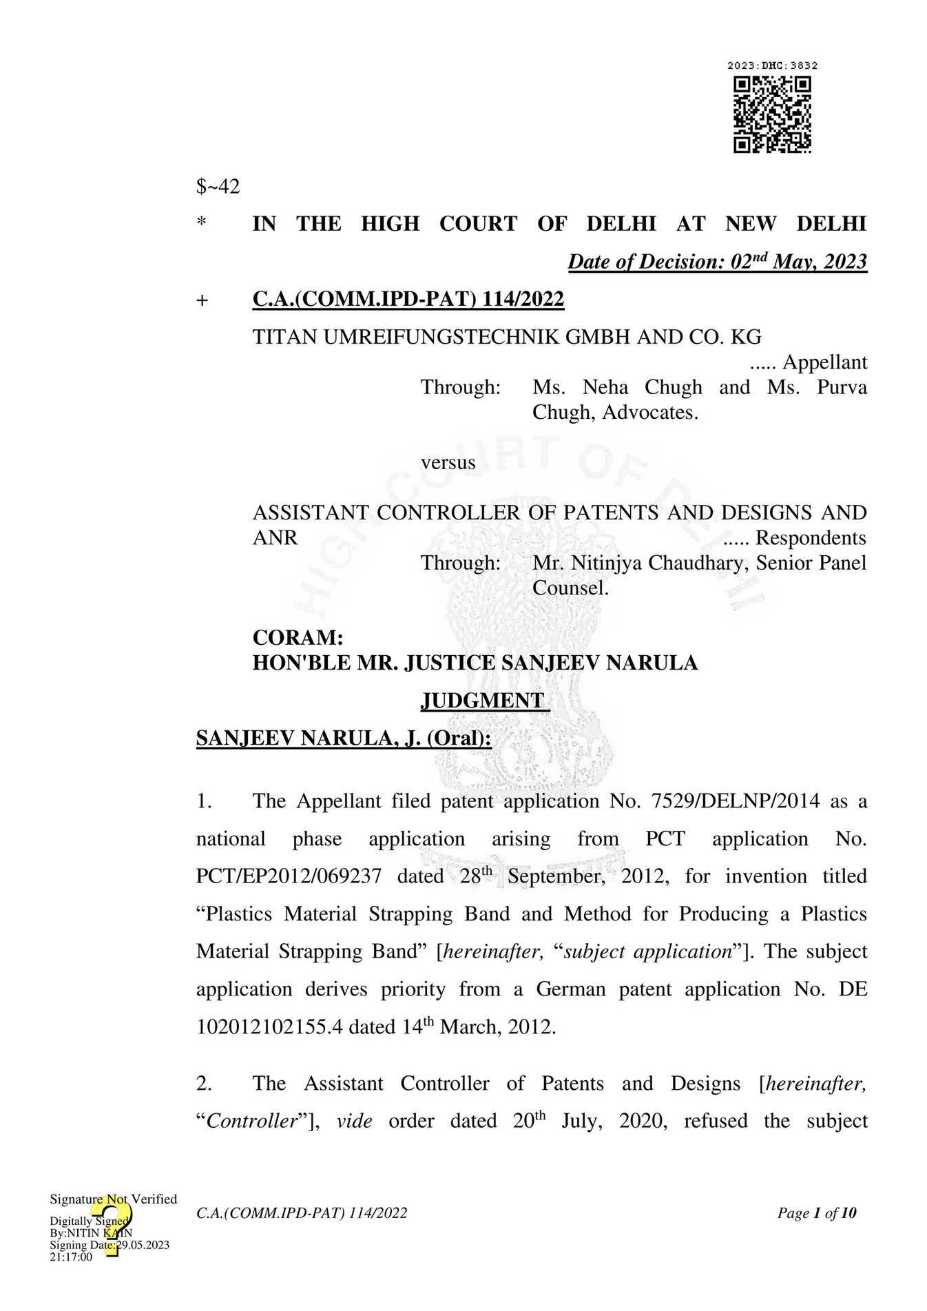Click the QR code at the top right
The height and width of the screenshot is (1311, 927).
(x=772, y=114)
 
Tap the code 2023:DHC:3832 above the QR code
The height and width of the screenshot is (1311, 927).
(x=772, y=65)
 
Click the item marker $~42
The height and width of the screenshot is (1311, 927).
(x=218, y=187)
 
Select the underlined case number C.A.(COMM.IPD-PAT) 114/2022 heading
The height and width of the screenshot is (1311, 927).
(x=408, y=299)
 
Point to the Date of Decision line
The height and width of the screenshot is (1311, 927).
(x=717, y=262)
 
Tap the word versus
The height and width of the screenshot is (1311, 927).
(x=448, y=462)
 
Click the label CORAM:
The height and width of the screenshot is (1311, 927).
(x=298, y=637)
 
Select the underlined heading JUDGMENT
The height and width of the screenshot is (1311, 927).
(x=484, y=701)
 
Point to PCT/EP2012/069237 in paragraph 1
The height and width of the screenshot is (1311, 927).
(x=289, y=876)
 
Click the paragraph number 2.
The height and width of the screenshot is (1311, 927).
(x=204, y=1084)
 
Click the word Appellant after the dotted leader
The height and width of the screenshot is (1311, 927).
(x=824, y=362)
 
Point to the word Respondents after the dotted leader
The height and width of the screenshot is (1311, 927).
(x=811, y=537)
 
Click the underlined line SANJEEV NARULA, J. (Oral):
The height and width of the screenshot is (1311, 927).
(x=344, y=739)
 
